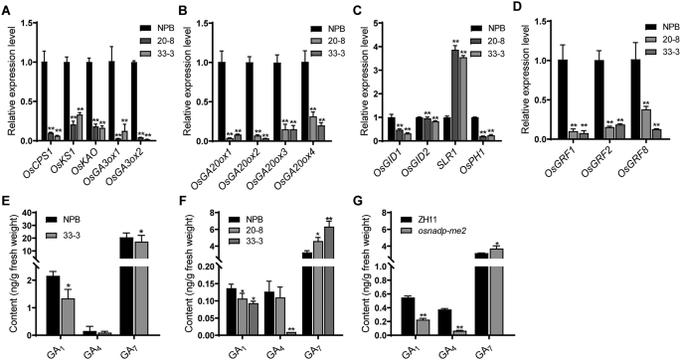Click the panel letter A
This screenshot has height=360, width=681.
click(x=7, y=9)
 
